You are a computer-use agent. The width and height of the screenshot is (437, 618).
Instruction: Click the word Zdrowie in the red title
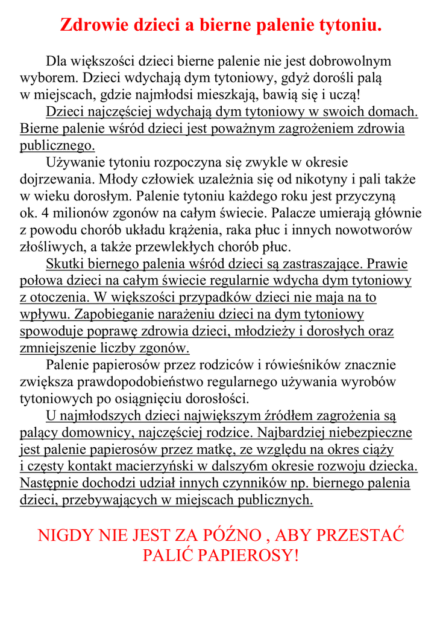pos(89,26)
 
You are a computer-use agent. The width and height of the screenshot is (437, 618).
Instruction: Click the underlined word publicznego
pos(57,145)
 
